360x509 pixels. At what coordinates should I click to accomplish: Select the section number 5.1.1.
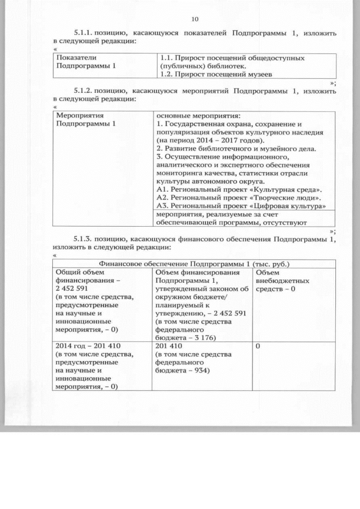[x=84, y=33]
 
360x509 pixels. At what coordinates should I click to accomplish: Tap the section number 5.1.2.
[x=84, y=90]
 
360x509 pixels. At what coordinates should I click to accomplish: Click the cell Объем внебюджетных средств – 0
[x=280, y=281]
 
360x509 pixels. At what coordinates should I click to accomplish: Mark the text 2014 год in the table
[x=70, y=345]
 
